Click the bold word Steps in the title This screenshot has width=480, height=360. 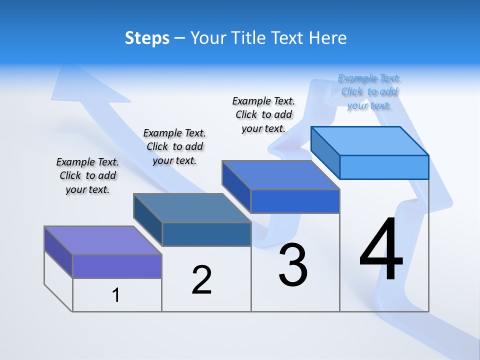pyautogui.click(x=147, y=38)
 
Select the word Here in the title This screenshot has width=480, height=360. pyautogui.click(x=327, y=38)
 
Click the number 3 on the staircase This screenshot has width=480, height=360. pyautogui.click(x=293, y=265)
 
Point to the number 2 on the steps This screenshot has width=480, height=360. pyautogui.click(x=201, y=280)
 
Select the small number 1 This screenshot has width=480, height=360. pyautogui.click(x=116, y=295)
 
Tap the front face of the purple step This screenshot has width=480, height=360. pyautogui.click(x=117, y=266)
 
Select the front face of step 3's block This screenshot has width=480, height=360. pyautogui.click(x=295, y=201)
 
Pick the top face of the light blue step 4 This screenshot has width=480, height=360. pyautogui.click(x=370, y=140)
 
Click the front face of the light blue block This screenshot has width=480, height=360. pyautogui.click(x=384, y=167)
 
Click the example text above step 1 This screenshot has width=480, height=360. pyautogui.click(x=87, y=175)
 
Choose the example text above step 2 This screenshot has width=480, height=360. pyautogui.click(x=174, y=146)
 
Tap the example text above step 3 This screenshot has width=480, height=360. pyautogui.click(x=263, y=114)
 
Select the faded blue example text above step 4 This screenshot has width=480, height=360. pyautogui.click(x=369, y=91)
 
